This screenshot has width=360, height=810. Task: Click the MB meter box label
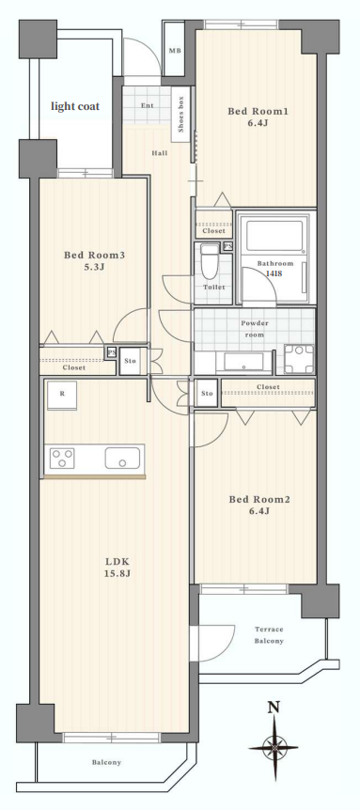tap(174, 51)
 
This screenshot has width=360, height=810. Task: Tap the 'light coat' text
tap(75, 106)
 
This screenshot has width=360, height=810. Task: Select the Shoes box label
tap(181, 116)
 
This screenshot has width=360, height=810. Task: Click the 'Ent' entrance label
tap(148, 106)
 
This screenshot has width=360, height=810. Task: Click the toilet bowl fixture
tap(210, 261)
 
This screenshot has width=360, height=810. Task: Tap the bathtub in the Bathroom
tap(274, 236)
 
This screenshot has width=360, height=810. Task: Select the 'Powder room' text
tap(255, 329)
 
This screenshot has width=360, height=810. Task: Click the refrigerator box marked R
tap(62, 396)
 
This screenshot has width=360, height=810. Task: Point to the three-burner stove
tap(62, 458)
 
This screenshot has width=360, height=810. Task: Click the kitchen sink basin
tap(122, 458)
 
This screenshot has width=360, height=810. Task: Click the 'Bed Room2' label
tap(259, 500)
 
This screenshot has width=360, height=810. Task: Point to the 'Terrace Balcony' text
tap(269, 635)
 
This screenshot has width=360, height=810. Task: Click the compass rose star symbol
tap(274, 747)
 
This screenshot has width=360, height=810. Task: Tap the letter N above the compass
tap(274, 708)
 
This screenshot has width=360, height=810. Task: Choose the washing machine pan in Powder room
tap(300, 358)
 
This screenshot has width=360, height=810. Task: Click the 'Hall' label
tap(159, 153)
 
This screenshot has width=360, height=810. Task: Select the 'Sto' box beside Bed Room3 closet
tap(130, 361)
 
